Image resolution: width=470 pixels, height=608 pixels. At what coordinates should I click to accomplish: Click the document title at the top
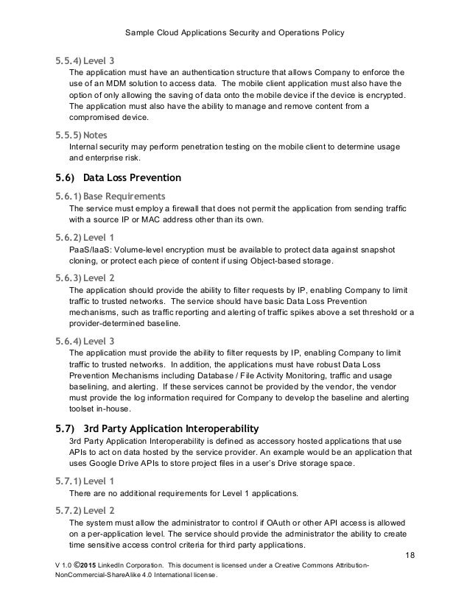click(235, 33)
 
